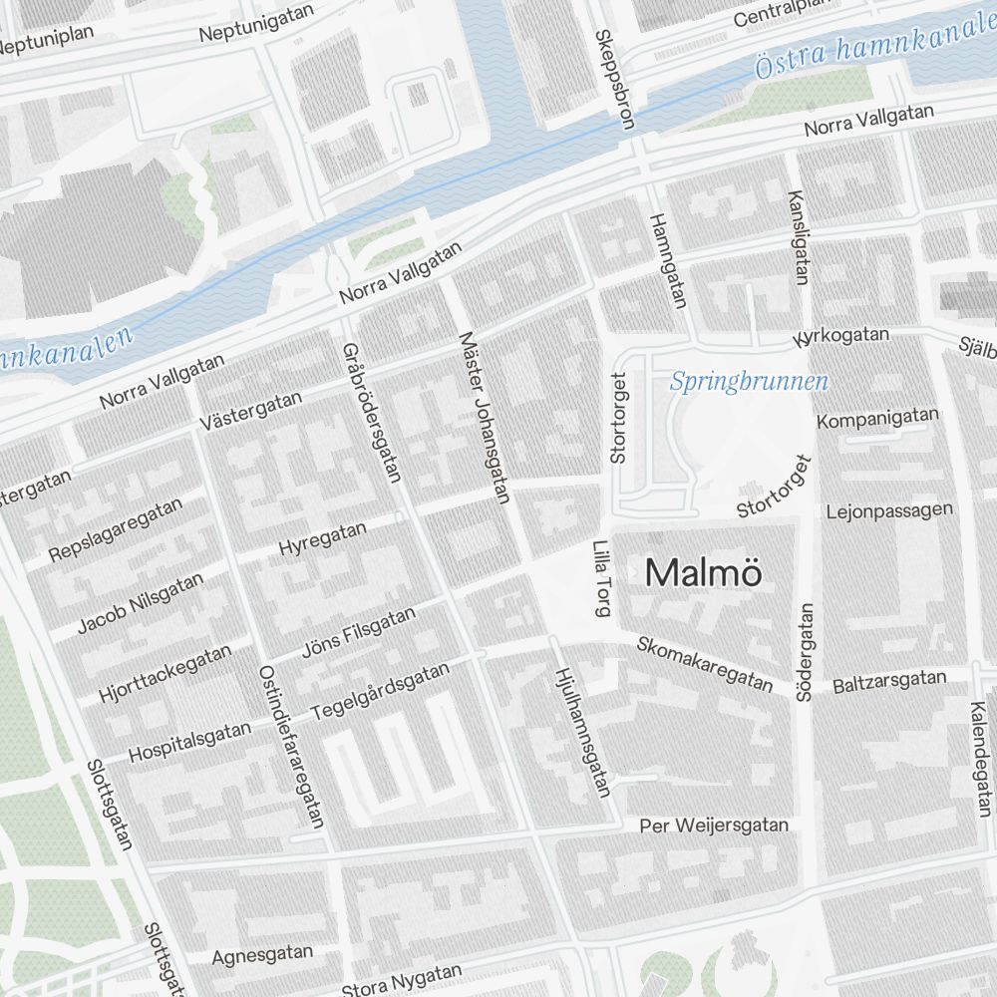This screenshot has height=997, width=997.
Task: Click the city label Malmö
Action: click(x=704, y=573)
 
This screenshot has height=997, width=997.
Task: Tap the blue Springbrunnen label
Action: click(x=749, y=382)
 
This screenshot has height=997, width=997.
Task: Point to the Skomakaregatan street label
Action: click(x=705, y=664)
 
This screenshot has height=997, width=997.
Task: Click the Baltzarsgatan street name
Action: click(x=888, y=680)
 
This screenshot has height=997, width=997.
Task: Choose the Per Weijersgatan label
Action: click(x=714, y=826)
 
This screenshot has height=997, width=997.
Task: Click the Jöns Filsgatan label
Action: click(x=359, y=634)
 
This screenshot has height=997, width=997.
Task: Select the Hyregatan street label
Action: click(x=322, y=539)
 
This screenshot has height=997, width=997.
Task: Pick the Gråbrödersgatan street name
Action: click(x=371, y=412)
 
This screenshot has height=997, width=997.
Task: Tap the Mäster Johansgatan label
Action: click(x=485, y=417)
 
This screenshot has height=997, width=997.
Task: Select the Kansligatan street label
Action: click(x=799, y=237)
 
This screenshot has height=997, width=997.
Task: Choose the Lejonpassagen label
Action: click(x=889, y=511)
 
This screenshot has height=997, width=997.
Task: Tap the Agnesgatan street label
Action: click(x=262, y=955)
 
